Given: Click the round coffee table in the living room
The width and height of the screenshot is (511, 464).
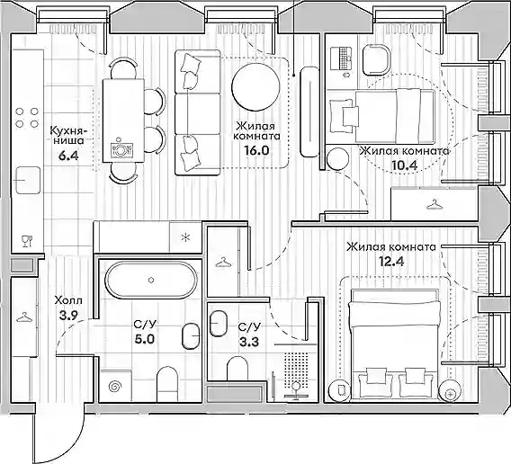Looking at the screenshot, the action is tap(255, 85).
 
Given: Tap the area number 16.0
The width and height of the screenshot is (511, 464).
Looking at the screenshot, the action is tap(256, 150).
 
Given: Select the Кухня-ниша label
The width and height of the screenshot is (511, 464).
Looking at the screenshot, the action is tap(68, 136).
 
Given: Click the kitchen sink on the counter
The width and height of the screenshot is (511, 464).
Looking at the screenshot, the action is tap(29, 180).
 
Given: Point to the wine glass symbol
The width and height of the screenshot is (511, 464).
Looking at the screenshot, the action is tap(27, 241).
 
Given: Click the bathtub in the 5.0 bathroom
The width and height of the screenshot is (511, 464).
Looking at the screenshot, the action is tap(151, 280).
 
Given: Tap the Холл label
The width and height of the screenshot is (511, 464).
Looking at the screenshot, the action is tap(68, 300).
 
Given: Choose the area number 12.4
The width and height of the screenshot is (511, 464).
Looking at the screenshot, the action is tap(391, 261).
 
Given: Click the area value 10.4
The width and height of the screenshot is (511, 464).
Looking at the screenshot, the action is tap(405, 165).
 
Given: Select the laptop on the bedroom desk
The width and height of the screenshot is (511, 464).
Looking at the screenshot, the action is tap(341, 58).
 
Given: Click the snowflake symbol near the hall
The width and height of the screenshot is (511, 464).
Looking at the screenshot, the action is tap(185, 237).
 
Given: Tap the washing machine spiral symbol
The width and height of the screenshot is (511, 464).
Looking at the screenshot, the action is tap(115, 386).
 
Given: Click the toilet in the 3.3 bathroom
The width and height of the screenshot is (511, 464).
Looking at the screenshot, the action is tap(238, 368).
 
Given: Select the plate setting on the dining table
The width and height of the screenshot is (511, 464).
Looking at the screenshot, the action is tap(120, 149).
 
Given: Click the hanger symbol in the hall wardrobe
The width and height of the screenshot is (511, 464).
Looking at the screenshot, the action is tap(23, 317).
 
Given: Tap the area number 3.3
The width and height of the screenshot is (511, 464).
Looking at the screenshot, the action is tap(249, 342).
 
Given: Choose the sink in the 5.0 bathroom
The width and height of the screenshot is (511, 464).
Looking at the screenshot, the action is tap(191, 336).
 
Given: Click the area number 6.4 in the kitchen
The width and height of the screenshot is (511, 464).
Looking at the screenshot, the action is tap(68, 156).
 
